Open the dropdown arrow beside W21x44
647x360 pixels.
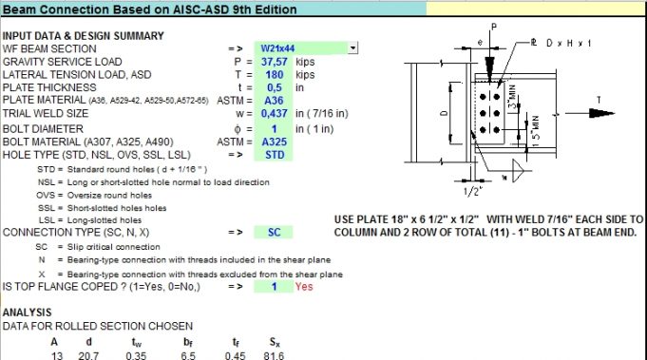[353, 47]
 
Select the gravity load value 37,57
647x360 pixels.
[275, 61]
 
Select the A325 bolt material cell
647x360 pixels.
[275, 141]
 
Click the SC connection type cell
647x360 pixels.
[275, 232]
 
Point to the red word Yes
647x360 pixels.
[304, 285]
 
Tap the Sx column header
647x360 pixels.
[250, 343]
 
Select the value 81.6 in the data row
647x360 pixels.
[250, 355]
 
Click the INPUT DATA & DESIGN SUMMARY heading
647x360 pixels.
[84, 35]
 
